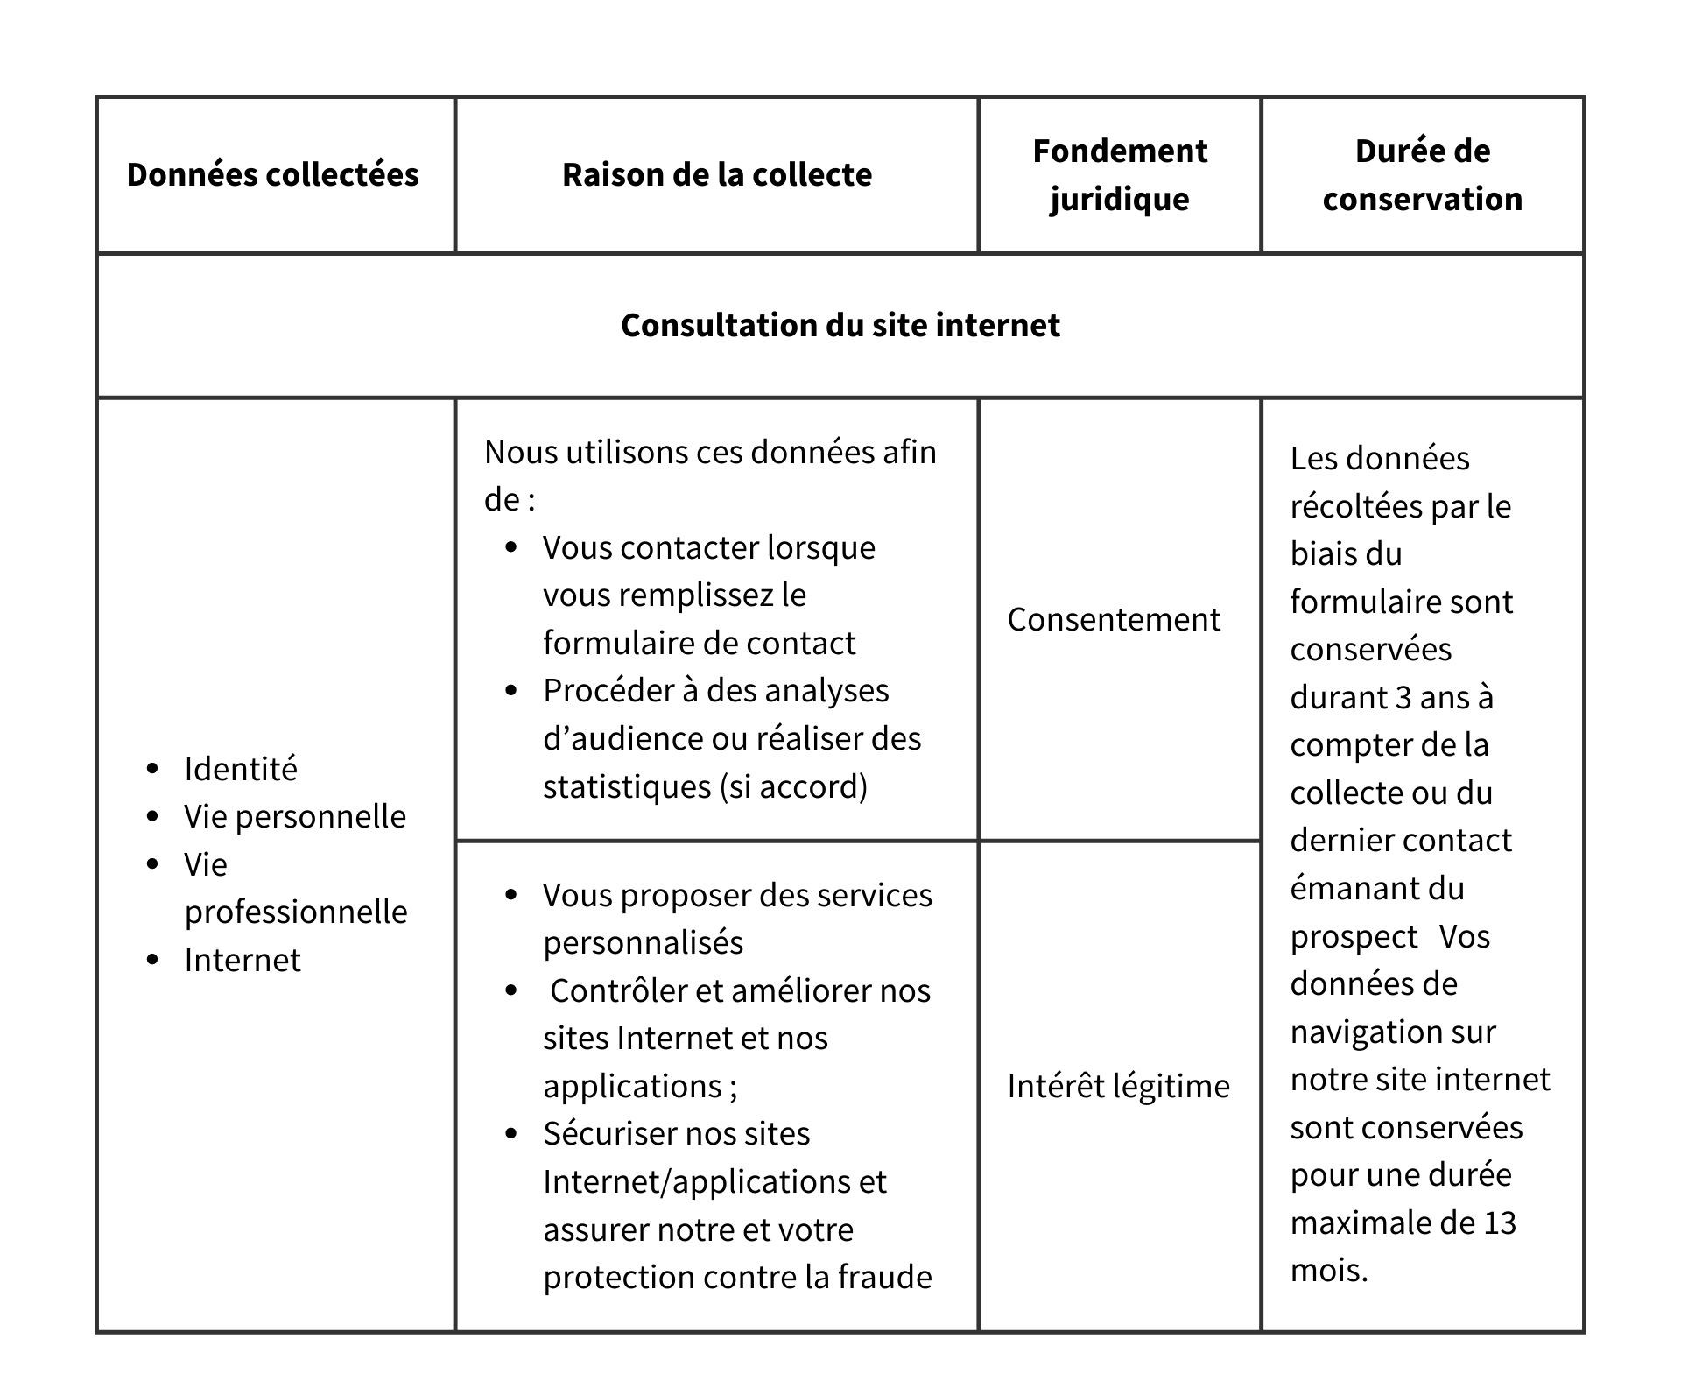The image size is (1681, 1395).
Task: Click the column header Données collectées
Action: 272,175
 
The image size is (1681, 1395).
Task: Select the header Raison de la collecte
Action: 716,175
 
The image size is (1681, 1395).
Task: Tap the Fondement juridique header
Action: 1119,175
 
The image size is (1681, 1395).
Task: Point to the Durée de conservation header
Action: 1422,175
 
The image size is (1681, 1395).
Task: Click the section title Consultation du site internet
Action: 840,326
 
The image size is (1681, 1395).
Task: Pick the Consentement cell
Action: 1113,620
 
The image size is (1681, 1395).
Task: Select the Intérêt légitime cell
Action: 1118,1087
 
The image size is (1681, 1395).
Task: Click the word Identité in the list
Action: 241,770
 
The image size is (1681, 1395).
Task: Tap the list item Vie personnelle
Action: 295,817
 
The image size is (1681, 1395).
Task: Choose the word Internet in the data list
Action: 243,961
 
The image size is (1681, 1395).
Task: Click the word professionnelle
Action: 296,912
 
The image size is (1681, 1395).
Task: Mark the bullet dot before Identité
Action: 153,770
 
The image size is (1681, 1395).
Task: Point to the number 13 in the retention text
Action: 1499,1223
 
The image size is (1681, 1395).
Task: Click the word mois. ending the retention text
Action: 1328,1271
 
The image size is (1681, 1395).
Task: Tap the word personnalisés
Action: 643,943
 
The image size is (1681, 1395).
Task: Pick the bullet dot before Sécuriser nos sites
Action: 512,1134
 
